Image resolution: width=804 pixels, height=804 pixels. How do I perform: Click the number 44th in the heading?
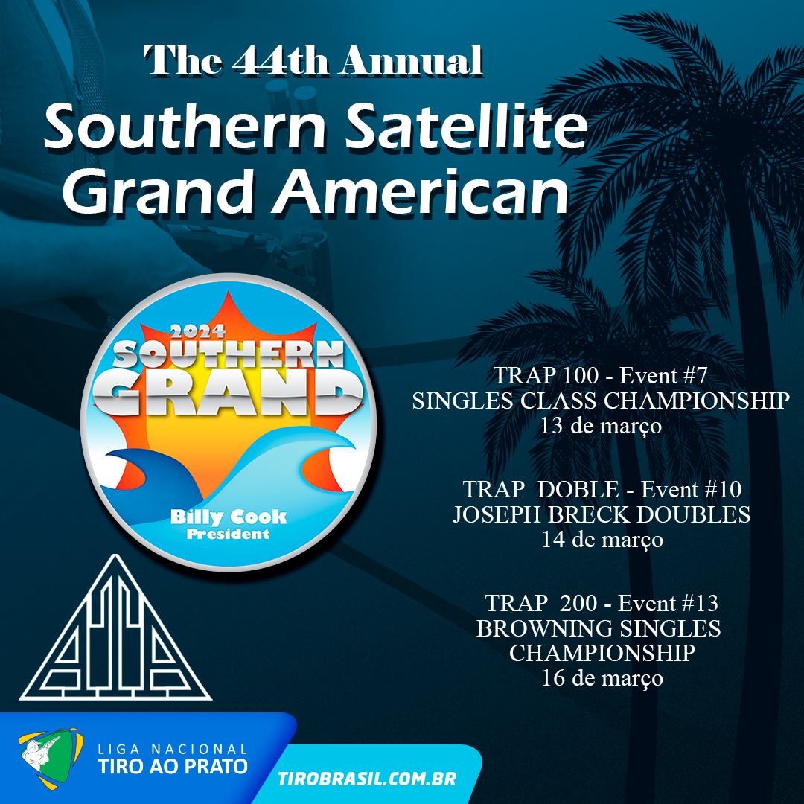click(280, 60)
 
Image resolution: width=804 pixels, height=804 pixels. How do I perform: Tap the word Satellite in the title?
click(465, 126)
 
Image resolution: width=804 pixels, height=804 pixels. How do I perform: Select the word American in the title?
click(421, 191)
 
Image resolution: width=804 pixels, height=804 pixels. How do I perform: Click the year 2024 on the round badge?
click(198, 331)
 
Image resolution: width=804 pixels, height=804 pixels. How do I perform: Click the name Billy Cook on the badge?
click(229, 517)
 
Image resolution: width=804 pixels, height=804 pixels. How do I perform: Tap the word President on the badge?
click(229, 535)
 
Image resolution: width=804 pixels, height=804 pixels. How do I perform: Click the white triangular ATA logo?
click(115, 628)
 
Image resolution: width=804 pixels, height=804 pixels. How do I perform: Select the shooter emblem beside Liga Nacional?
click(51, 757)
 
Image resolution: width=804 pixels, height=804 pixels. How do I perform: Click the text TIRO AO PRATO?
click(173, 767)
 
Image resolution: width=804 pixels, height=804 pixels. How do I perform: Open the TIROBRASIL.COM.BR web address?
click(367, 779)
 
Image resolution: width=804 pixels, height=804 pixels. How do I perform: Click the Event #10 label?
click(691, 490)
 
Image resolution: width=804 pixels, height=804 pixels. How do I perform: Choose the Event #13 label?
click(668, 604)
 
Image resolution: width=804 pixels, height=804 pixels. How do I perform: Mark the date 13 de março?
click(601, 427)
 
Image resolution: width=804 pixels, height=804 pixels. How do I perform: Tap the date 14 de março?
click(602, 540)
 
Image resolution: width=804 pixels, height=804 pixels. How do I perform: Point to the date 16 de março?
click(602, 679)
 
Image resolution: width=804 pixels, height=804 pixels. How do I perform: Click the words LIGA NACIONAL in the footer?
click(173, 749)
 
